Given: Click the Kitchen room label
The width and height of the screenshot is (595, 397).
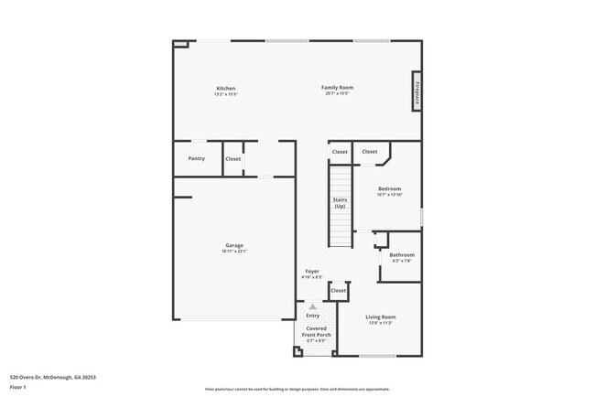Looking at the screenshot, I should click(225, 88).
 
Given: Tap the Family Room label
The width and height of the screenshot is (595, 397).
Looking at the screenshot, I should click(338, 88).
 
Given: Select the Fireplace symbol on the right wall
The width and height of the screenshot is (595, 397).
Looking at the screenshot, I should click(416, 91).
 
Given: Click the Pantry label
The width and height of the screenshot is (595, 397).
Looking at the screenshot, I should click(197, 158).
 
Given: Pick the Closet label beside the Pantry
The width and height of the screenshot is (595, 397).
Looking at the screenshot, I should click(233, 158).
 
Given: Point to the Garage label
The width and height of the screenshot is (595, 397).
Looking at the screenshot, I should click(234, 245).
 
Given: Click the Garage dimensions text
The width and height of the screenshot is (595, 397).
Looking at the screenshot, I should click(234, 252).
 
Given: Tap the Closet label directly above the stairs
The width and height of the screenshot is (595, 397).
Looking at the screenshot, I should click(340, 152).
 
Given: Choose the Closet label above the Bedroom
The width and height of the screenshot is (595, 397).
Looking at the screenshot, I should click(370, 152).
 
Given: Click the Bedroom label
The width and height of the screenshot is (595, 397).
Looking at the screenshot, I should click(389, 188).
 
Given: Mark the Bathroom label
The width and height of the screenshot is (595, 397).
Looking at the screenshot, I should click(402, 254).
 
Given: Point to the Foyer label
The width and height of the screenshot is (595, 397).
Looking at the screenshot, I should click(312, 272).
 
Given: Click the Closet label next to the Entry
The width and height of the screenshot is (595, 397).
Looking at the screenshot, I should click(339, 290).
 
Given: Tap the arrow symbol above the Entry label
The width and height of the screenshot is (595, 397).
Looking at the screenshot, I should click(313, 306).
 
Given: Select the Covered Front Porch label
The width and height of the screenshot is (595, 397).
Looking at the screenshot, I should click(316, 331).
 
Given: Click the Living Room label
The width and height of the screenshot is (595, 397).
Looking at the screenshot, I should click(381, 317).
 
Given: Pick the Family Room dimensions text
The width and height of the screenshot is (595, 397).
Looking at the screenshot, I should click(338, 94).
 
